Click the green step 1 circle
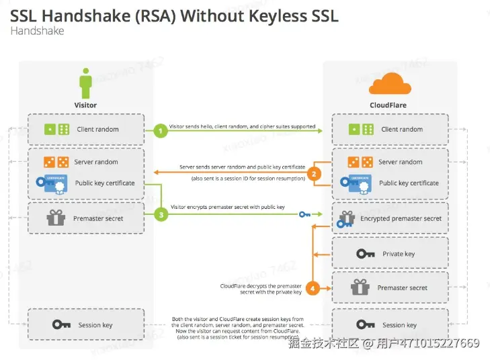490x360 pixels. [160, 130]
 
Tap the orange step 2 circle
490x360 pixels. [313, 173]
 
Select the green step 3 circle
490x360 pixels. [160, 215]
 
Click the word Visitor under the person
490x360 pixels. [85, 105]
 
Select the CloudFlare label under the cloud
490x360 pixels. [389, 105]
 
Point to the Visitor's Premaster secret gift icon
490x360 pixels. [54, 218]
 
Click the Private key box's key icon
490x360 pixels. [366, 254]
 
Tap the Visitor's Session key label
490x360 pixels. [95, 325]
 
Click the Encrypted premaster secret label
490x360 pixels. [401, 219]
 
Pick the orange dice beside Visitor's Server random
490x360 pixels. [56, 162]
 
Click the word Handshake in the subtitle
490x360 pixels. [37, 31]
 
